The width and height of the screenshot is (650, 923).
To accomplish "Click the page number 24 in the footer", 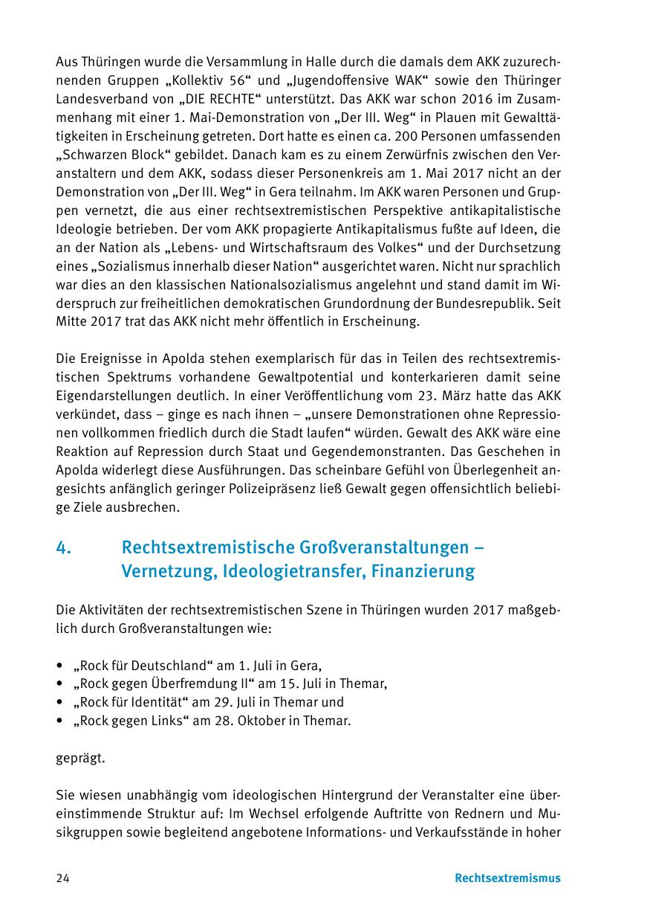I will (62, 878).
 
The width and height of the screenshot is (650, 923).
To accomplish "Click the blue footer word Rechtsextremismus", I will (507, 878).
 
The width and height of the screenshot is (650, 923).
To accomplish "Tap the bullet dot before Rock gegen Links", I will (59, 721).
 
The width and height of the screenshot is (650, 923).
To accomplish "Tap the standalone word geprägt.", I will (80, 759).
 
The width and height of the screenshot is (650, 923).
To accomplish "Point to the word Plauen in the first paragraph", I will (439, 118).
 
